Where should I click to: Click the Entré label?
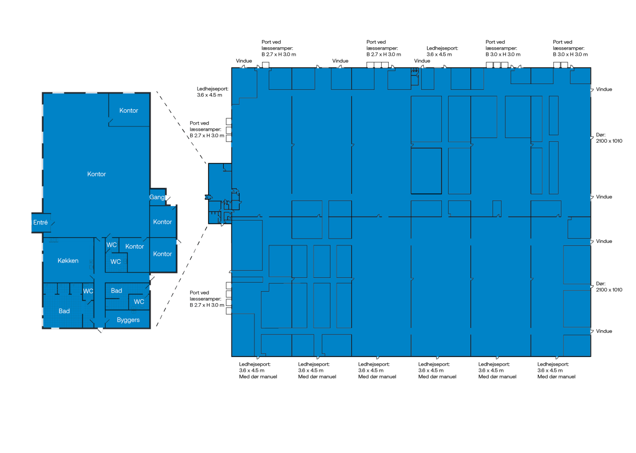click(40, 222)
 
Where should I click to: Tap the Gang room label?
click(157, 197)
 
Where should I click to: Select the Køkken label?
click(68, 261)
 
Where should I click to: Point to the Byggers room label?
click(128, 320)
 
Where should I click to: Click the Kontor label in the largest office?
click(96, 174)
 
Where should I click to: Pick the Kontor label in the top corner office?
click(129, 111)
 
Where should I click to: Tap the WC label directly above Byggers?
click(139, 302)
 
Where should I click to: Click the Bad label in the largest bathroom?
click(64, 311)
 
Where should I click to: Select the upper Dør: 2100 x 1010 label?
click(609, 138)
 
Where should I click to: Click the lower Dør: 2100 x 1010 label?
click(609, 286)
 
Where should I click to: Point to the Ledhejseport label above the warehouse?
click(442, 51)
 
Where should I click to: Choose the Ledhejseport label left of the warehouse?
click(212, 92)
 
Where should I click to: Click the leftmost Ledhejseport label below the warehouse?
click(258, 370)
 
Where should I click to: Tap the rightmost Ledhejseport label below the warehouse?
click(556, 370)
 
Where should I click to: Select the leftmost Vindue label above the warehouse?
click(243, 61)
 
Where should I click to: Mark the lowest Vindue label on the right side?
click(604, 331)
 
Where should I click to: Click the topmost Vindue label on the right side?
click(604, 89)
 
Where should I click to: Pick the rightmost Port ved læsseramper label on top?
click(570, 48)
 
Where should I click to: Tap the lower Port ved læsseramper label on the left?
click(207, 299)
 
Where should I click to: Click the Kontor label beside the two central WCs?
click(134, 247)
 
